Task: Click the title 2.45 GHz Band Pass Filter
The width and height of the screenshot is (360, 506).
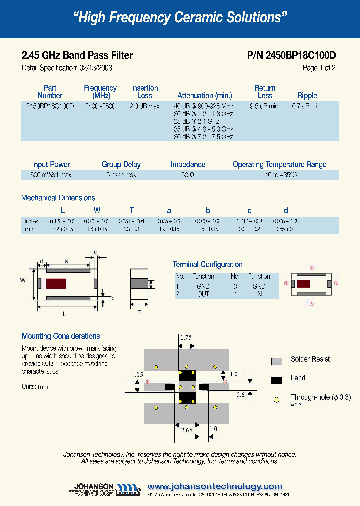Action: point(77,56)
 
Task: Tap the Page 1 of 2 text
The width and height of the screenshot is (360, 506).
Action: point(319,68)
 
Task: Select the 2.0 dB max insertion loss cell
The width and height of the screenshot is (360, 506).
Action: point(144,106)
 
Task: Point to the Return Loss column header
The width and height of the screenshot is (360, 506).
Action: point(265,92)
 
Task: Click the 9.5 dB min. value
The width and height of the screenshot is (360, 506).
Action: point(264,106)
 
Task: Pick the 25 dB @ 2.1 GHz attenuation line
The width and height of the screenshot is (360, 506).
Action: point(197,121)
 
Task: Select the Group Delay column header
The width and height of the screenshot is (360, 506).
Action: point(121,164)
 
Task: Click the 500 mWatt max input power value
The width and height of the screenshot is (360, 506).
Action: point(51,175)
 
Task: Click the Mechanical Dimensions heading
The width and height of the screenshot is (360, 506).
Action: point(58,198)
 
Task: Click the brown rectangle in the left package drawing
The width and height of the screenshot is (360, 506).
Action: point(56,284)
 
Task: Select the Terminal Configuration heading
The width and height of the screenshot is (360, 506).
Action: point(207,264)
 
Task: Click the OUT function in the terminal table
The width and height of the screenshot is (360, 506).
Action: point(203,294)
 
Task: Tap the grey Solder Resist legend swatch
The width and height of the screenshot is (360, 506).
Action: point(277,361)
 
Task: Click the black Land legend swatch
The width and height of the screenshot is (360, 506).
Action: point(277,380)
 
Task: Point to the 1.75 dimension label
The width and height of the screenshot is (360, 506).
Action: point(186,337)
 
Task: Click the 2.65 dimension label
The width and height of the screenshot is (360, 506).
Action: point(186,429)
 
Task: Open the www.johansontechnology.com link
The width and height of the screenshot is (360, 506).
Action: point(215,486)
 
